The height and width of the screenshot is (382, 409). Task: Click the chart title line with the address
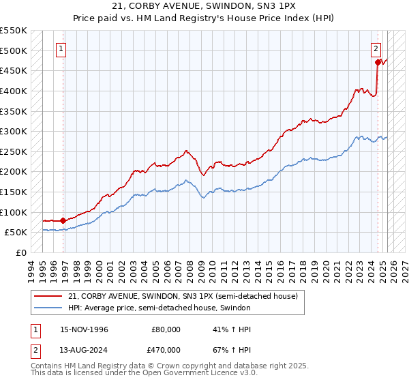(204, 8)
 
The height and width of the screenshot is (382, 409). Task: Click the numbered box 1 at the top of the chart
(62, 48)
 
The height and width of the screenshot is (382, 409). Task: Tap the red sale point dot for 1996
(63, 220)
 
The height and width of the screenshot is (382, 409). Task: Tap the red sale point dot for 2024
(378, 62)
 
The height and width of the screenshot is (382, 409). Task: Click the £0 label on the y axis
(20, 252)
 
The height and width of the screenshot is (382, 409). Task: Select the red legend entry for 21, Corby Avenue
(183, 296)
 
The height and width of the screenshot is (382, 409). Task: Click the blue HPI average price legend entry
(160, 308)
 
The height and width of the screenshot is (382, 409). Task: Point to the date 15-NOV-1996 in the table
(84, 329)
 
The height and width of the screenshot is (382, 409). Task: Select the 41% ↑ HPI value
(222, 329)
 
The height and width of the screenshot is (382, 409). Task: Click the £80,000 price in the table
(166, 329)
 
